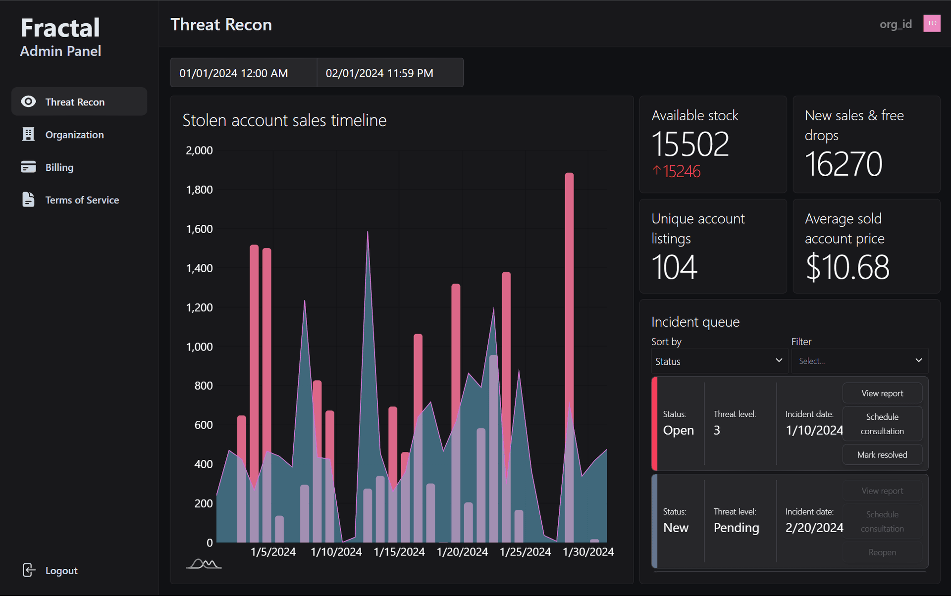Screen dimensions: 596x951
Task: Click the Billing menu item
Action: (x=59, y=167)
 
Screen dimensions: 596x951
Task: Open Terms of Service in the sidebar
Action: (x=82, y=200)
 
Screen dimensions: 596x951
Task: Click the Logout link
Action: (x=61, y=570)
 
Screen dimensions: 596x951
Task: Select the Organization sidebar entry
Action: (x=74, y=135)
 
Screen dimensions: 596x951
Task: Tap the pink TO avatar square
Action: (x=931, y=23)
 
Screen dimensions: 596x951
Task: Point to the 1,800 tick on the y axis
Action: (x=199, y=190)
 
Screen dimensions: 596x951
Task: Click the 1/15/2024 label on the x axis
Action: (x=399, y=551)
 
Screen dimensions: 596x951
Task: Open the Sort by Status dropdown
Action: (x=718, y=361)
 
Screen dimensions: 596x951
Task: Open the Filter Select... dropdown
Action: (x=859, y=361)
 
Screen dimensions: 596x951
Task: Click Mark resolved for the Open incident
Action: (x=882, y=454)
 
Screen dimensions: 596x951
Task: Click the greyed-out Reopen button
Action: (x=882, y=552)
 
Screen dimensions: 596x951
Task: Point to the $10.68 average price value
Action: (x=847, y=267)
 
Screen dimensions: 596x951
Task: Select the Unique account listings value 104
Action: (x=674, y=267)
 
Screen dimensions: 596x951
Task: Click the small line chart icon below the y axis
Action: (x=204, y=564)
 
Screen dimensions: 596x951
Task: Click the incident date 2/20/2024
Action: (x=814, y=528)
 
